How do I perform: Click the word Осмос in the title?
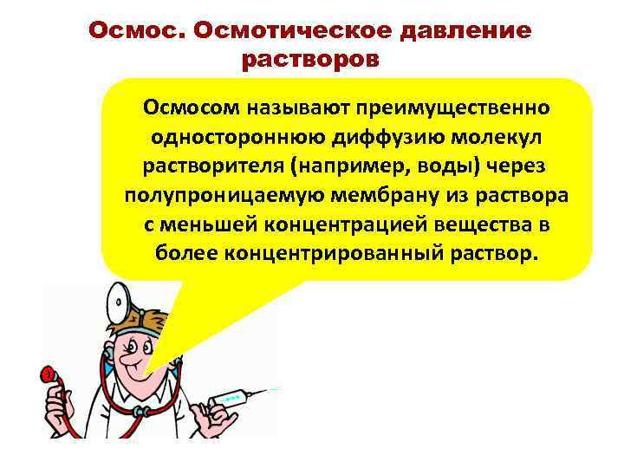coord(139,31)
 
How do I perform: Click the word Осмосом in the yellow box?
coord(196,108)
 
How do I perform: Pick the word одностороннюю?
coord(227,137)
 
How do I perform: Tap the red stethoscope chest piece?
coord(46,375)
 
